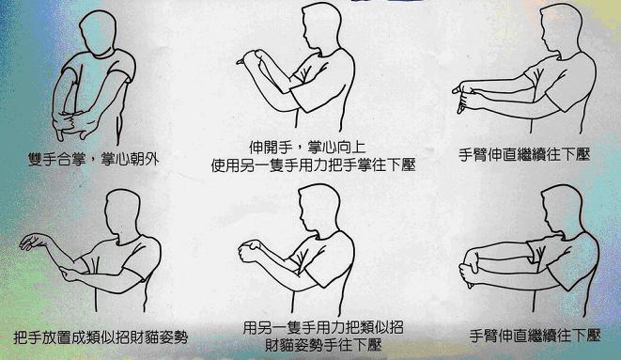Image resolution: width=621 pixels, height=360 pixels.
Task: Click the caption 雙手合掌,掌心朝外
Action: (x=93, y=159)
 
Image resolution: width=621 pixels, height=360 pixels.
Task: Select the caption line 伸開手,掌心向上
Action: (x=307, y=148)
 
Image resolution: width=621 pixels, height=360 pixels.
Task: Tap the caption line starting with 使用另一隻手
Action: (x=313, y=165)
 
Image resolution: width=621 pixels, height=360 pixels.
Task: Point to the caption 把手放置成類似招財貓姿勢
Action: (x=101, y=337)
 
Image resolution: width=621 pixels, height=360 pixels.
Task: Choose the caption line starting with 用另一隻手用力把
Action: (x=323, y=327)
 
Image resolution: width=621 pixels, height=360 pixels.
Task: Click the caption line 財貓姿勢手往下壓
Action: (x=323, y=345)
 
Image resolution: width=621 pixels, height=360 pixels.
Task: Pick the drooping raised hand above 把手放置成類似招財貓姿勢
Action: (x=34, y=241)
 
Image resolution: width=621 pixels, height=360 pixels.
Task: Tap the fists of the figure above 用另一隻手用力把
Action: (x=250, y=251)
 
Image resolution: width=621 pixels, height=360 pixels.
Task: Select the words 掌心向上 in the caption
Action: (x=336, y=148)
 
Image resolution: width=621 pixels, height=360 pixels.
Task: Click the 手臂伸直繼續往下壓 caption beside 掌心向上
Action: (x=524, y=154)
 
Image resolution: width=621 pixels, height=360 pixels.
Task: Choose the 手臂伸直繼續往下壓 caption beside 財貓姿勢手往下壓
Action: (x=536, y=336)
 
